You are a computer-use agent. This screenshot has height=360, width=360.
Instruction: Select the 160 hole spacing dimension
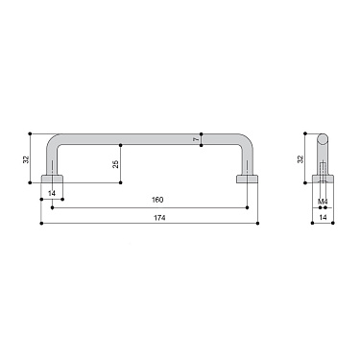tap(157, 200)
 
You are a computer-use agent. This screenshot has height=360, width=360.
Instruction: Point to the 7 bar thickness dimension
tap(196, 140)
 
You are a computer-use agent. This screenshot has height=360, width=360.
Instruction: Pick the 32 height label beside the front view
tap(26, 155)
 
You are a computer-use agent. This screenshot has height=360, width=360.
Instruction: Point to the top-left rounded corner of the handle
tap(55, 140)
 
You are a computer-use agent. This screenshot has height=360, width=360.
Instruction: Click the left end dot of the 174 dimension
tap(42, 225)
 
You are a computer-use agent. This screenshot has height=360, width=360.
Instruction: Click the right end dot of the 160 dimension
tap(249, 205)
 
